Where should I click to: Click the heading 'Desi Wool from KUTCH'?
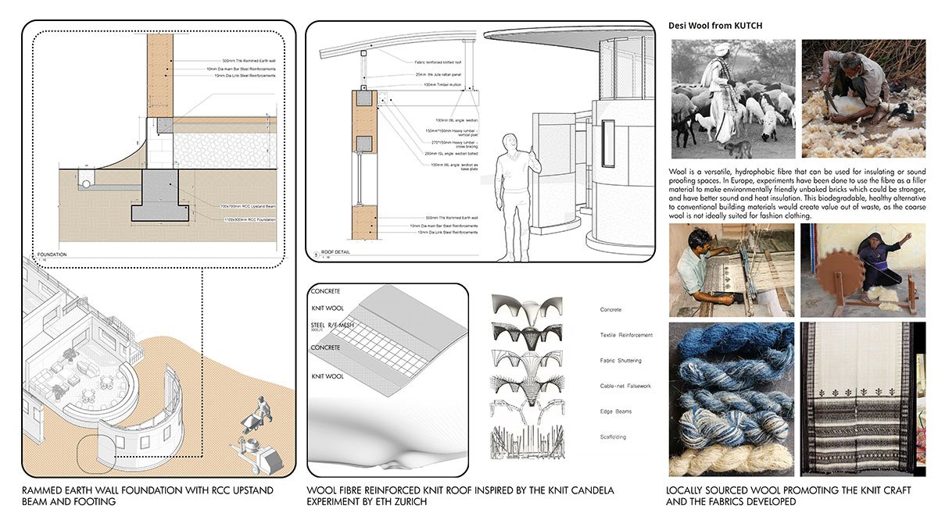(715, 26)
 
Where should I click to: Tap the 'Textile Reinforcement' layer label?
(625, 335)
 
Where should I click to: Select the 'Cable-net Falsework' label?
(624, 386)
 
